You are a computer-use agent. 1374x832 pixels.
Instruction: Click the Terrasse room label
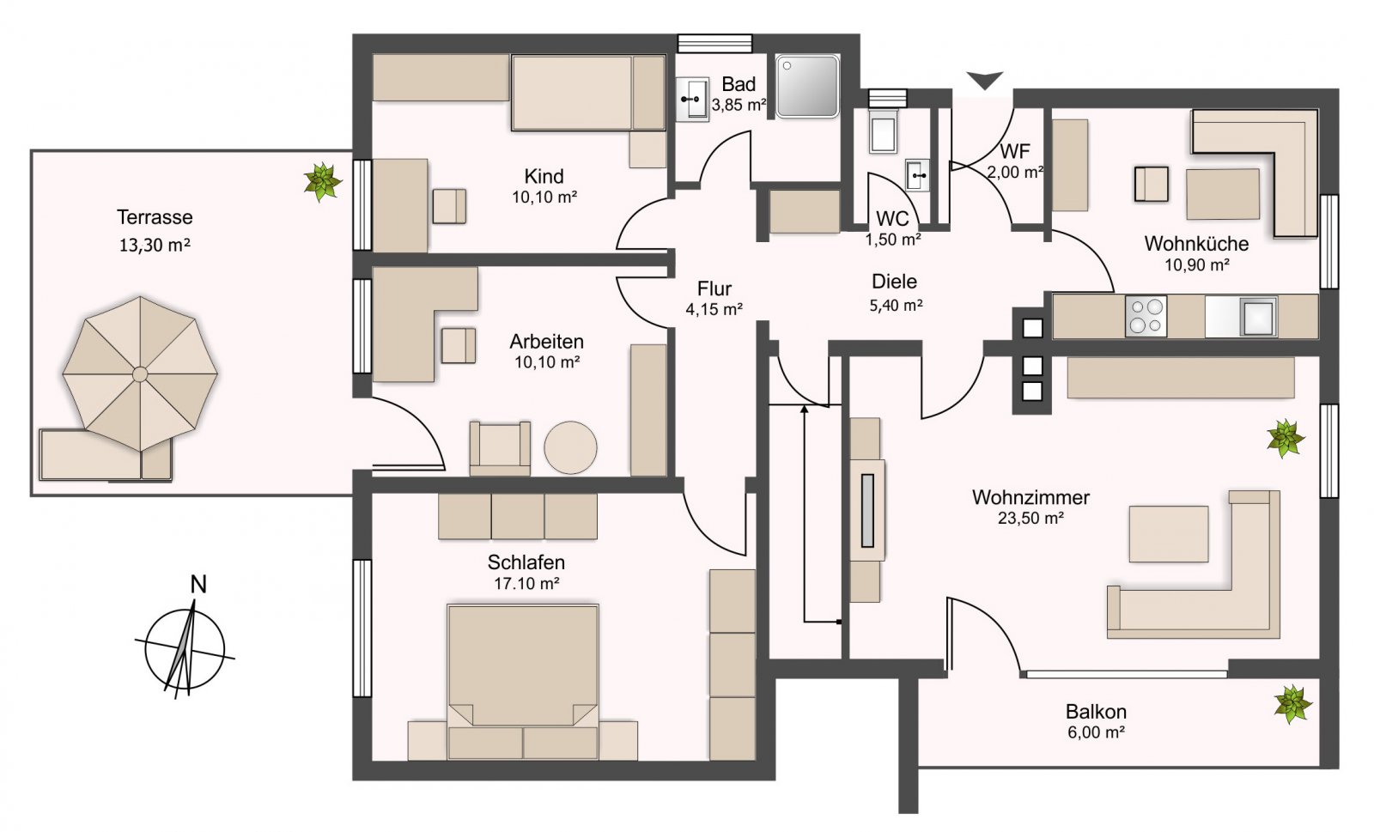tap(155, 217)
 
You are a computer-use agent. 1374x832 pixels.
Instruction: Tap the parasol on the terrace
tap(140, 373)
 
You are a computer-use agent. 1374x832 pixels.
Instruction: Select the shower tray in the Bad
tap(806, 86)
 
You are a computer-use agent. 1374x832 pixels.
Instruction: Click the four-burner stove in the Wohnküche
tap(1146, 316)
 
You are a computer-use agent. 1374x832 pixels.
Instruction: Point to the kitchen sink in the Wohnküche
tap(1258, 316)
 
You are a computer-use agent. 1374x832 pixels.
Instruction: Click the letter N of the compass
tap(198, 585)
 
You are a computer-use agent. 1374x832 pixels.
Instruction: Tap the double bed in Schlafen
tap(523, 682)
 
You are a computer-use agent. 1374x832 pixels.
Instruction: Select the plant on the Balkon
tap(1293, 704)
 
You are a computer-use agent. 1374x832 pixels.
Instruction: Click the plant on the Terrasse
tap(323, 181)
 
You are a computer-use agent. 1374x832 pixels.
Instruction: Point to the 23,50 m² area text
tap(1030, 519)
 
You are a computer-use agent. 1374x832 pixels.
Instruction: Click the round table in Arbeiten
tap(570, 447)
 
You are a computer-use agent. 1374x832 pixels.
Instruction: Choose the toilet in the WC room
tap(884, 131)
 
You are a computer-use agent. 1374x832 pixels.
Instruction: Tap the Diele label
tap(894, 282)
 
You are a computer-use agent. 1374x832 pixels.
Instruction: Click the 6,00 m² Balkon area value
tap(1096, 732)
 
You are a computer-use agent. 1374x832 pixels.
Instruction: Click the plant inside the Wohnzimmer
tap(1286, 439)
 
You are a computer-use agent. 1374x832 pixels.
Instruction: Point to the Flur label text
tap(714, 288)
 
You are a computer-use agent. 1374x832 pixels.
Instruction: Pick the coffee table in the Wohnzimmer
tap(1169, 533)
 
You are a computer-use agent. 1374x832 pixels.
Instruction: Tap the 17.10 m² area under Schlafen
tap(527, 583)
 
